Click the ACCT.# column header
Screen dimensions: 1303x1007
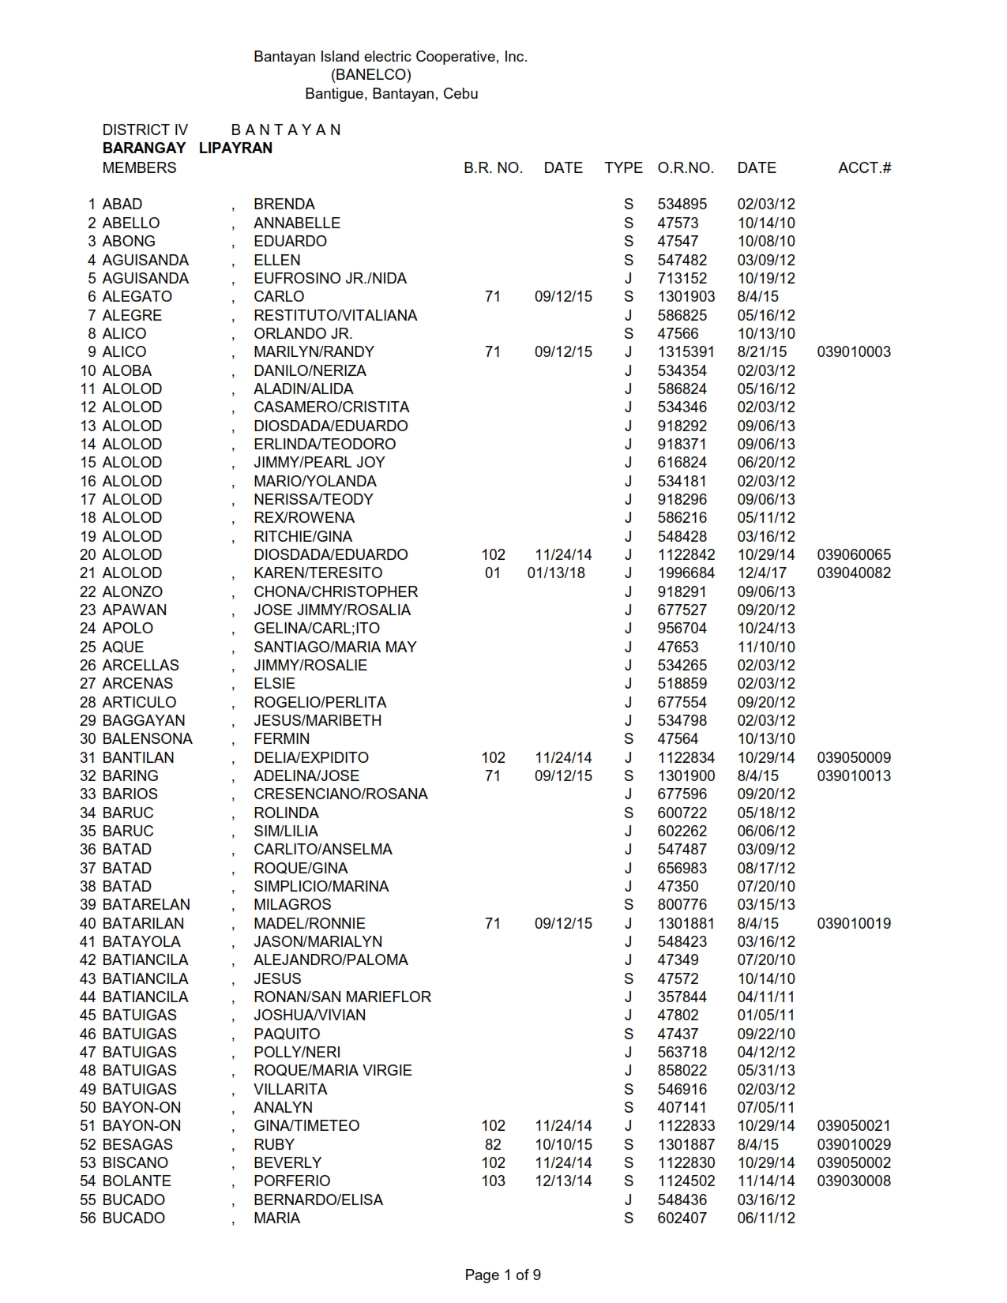click(x=864, y=167)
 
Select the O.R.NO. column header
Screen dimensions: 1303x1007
click(x=685, y=167)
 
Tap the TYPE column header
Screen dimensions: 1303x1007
click(x=623, y=167)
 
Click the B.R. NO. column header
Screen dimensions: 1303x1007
click(x=493, y=167)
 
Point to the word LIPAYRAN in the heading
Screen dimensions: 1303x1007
click(x=235, y=148)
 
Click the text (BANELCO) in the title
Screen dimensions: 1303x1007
click(x=371, y=75)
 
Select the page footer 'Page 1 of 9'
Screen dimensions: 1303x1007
click(x=502, y=1275)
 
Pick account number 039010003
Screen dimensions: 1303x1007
click(x=854, y=351)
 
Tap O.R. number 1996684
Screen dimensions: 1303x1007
click(x=686, y=573)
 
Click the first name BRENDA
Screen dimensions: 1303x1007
click(x=284, y=204)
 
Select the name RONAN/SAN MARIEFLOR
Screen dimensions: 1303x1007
click(x=342, y=997)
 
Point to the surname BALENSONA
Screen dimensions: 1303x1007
click(x=147, y=738)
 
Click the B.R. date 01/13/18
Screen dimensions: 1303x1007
click(x=556, y=573)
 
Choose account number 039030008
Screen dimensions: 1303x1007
click(x=854, y=1181)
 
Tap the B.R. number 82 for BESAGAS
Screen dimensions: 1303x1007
click(x=493, y=1144)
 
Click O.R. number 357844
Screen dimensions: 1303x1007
click(x=682, y=997)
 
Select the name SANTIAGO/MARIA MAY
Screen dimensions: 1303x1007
click(x=335, y=647)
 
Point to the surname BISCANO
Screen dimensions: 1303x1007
click(x=135, y=1162)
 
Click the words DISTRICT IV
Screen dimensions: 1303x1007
click(x=145, y=130)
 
